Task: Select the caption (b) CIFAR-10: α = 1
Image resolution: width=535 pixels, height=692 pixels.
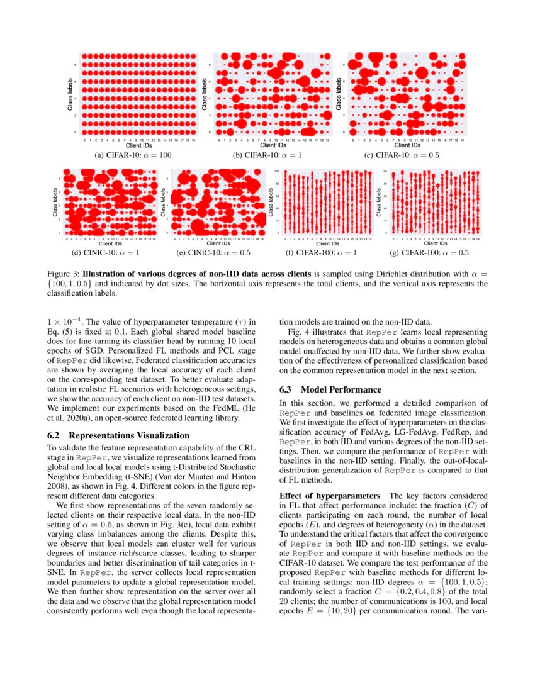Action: pos(267,155)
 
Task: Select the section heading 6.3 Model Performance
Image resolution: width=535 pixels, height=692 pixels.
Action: pos(330,389)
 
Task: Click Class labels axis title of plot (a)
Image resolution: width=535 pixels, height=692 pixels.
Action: pos(70,94)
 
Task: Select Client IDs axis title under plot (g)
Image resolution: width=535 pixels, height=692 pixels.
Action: pos(434,243)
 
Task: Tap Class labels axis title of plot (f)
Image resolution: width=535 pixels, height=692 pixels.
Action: pos(271,202)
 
